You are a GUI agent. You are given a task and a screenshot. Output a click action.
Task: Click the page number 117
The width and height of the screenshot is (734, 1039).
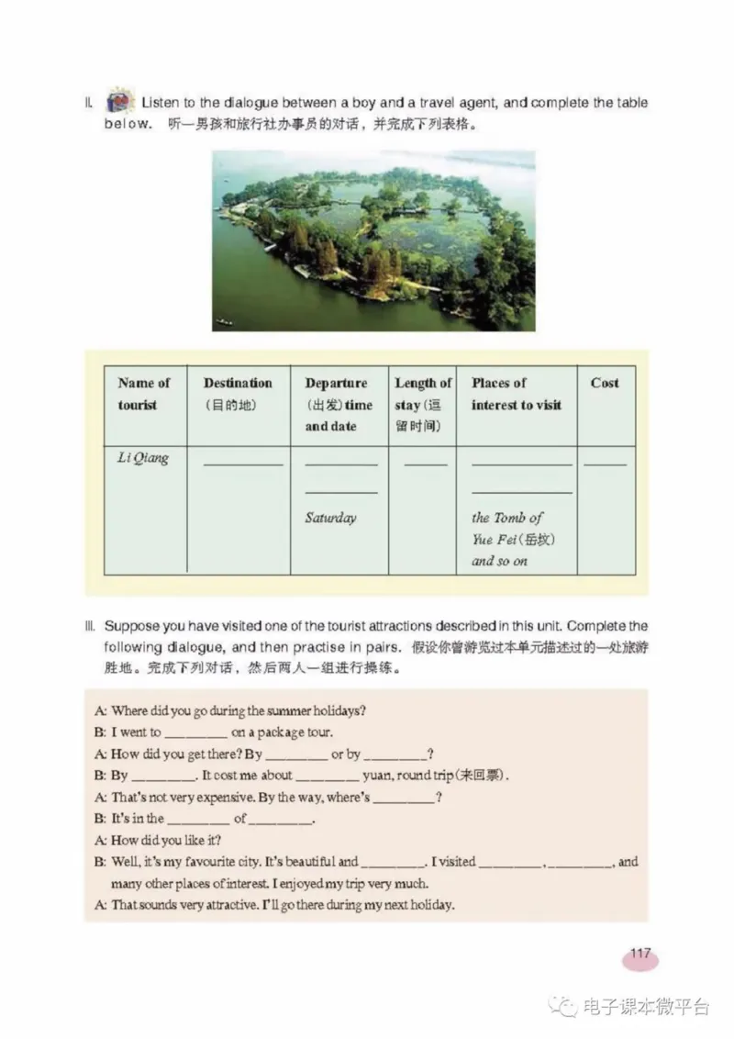coord(639,954)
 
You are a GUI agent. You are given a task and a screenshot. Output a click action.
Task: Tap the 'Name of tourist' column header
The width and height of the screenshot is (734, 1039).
coord(144,394)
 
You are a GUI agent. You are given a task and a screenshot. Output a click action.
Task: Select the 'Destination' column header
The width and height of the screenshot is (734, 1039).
coord(238,384)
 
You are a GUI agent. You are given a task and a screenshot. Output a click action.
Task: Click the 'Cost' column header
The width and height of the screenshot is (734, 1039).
coord(605,384)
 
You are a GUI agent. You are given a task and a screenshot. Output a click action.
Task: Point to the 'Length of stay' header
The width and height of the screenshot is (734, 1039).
coord(423,404)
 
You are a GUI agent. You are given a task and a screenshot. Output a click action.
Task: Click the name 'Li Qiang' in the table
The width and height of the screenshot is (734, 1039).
coord(143,458)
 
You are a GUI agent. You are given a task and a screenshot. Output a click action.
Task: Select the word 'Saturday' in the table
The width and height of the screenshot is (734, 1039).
coord(330,518)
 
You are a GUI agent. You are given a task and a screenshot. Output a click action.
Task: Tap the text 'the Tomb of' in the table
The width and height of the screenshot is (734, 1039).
coord(506,518)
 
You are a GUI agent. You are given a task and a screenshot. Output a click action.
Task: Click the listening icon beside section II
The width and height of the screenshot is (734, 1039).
coord(119,100)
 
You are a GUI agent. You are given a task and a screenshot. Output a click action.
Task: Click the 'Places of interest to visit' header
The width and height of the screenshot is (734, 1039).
coord(516,394)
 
